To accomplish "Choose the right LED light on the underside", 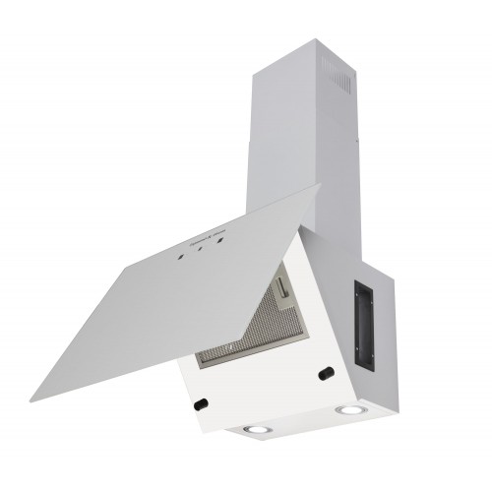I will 347,410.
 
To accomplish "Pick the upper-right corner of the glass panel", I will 321,186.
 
